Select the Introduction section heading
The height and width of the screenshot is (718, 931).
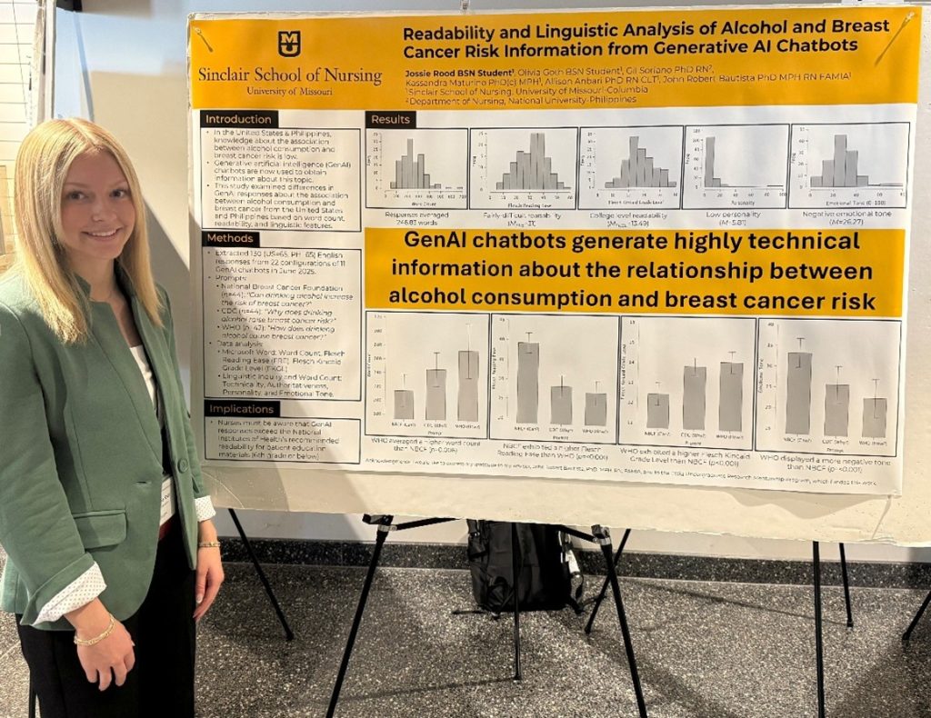pos(239,119)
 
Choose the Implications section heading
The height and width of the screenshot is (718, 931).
pos(241,409)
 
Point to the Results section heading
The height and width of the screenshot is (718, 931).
pos(391,119)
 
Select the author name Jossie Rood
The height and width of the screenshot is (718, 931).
pos(443,70)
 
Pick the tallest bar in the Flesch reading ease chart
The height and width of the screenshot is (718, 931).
pos(527,382)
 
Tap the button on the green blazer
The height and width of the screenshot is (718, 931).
pos(182,464)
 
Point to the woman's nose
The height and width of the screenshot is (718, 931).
pos(102,212)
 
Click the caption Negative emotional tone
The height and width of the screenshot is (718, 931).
pos(846,215)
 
